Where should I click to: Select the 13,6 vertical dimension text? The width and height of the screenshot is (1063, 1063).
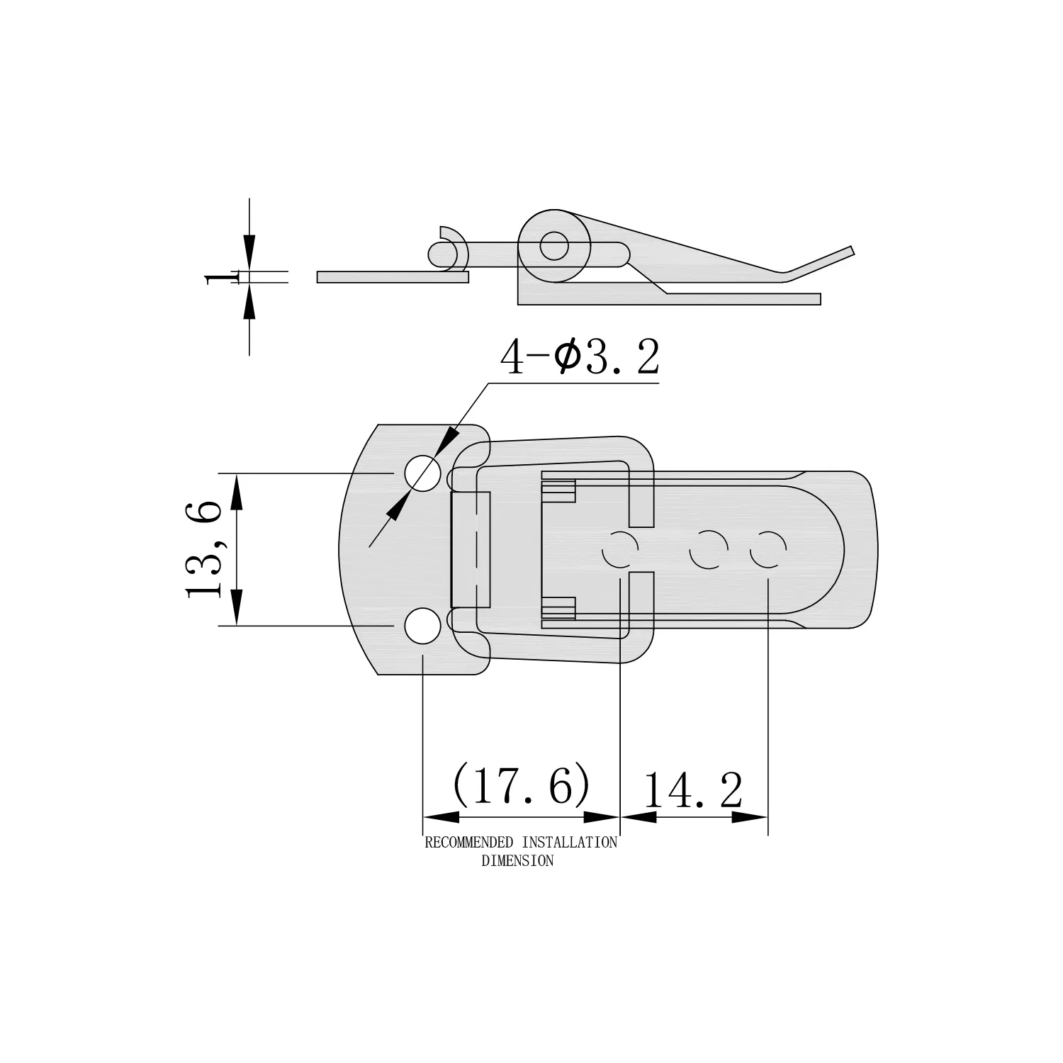click(204, 549)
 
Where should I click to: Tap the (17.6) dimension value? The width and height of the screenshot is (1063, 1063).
click(521, 784)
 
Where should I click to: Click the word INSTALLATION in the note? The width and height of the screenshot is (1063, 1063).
click(569, 843)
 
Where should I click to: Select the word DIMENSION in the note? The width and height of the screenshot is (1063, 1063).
click(517, 861)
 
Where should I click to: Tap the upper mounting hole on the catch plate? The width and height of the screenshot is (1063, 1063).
click(422, 473)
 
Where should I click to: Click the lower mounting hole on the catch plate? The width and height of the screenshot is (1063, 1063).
click(422, 626)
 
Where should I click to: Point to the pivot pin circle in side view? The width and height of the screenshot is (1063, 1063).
click(553, 247)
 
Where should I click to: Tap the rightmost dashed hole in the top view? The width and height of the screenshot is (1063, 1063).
click(767, 549)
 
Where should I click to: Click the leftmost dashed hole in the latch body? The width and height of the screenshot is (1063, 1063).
click(619, 549)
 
